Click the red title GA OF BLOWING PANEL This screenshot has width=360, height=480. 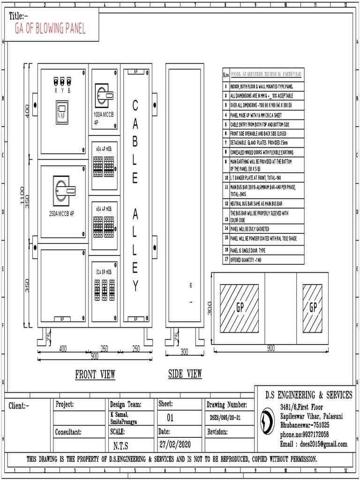[x=50, y=30]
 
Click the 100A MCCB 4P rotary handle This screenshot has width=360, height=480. [x=104, y=94]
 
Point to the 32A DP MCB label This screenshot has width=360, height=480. [x=104, y=272]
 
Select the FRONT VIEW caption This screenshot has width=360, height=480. [x=95, y=374]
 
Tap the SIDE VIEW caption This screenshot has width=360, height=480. [x=185, y=374]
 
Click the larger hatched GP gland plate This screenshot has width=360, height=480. [x=239, y=307]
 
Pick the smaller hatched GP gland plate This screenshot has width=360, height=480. [x=313, y=307]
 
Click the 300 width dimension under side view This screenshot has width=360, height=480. [x=184, y=352]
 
